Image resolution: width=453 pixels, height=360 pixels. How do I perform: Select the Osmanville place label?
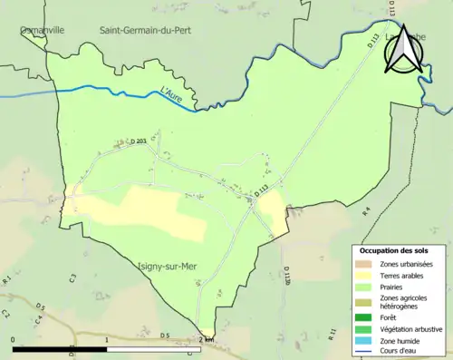point(43,30)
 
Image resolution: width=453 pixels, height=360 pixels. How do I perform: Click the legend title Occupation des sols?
point(396,250)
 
